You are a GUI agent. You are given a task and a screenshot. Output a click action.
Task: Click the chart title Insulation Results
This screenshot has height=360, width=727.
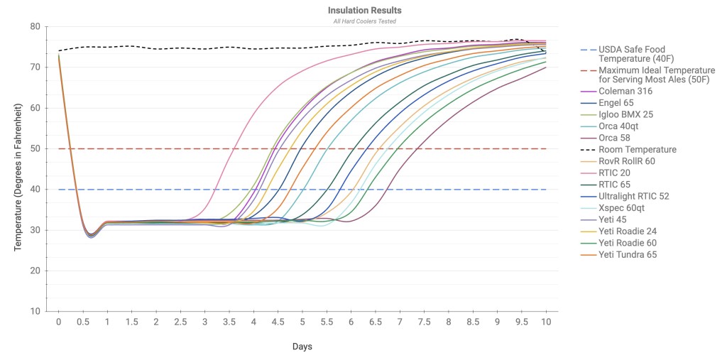(x=364, y=11)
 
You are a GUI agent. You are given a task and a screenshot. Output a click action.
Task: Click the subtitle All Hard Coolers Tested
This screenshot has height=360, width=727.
(x=364, y=21)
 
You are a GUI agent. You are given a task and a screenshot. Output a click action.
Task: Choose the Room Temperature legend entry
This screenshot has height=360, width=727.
(x=638, y=150)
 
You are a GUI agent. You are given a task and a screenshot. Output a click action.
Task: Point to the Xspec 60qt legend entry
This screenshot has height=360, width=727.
(x=624, y=208)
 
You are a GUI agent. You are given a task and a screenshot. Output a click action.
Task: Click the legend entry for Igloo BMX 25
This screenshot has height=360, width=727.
(x=628, y=115)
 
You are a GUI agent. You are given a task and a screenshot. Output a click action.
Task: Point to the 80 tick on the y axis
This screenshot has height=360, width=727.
(x=35, y=27)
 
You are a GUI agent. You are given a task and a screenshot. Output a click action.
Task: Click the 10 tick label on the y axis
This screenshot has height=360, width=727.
(x=35, y=312)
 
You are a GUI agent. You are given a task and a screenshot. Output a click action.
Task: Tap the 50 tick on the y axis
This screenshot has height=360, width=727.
(x=35, y=149)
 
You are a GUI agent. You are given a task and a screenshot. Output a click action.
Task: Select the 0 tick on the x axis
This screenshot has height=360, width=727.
(x=58, y=322)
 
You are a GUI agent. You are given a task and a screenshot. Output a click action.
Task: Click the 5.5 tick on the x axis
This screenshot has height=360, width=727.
(x=327, y=322)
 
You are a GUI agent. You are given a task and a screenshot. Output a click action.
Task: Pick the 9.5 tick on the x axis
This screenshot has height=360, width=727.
(x=522, y=322)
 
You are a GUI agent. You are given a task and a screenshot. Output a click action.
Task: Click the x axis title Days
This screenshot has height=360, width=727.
(x=302, y=347)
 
